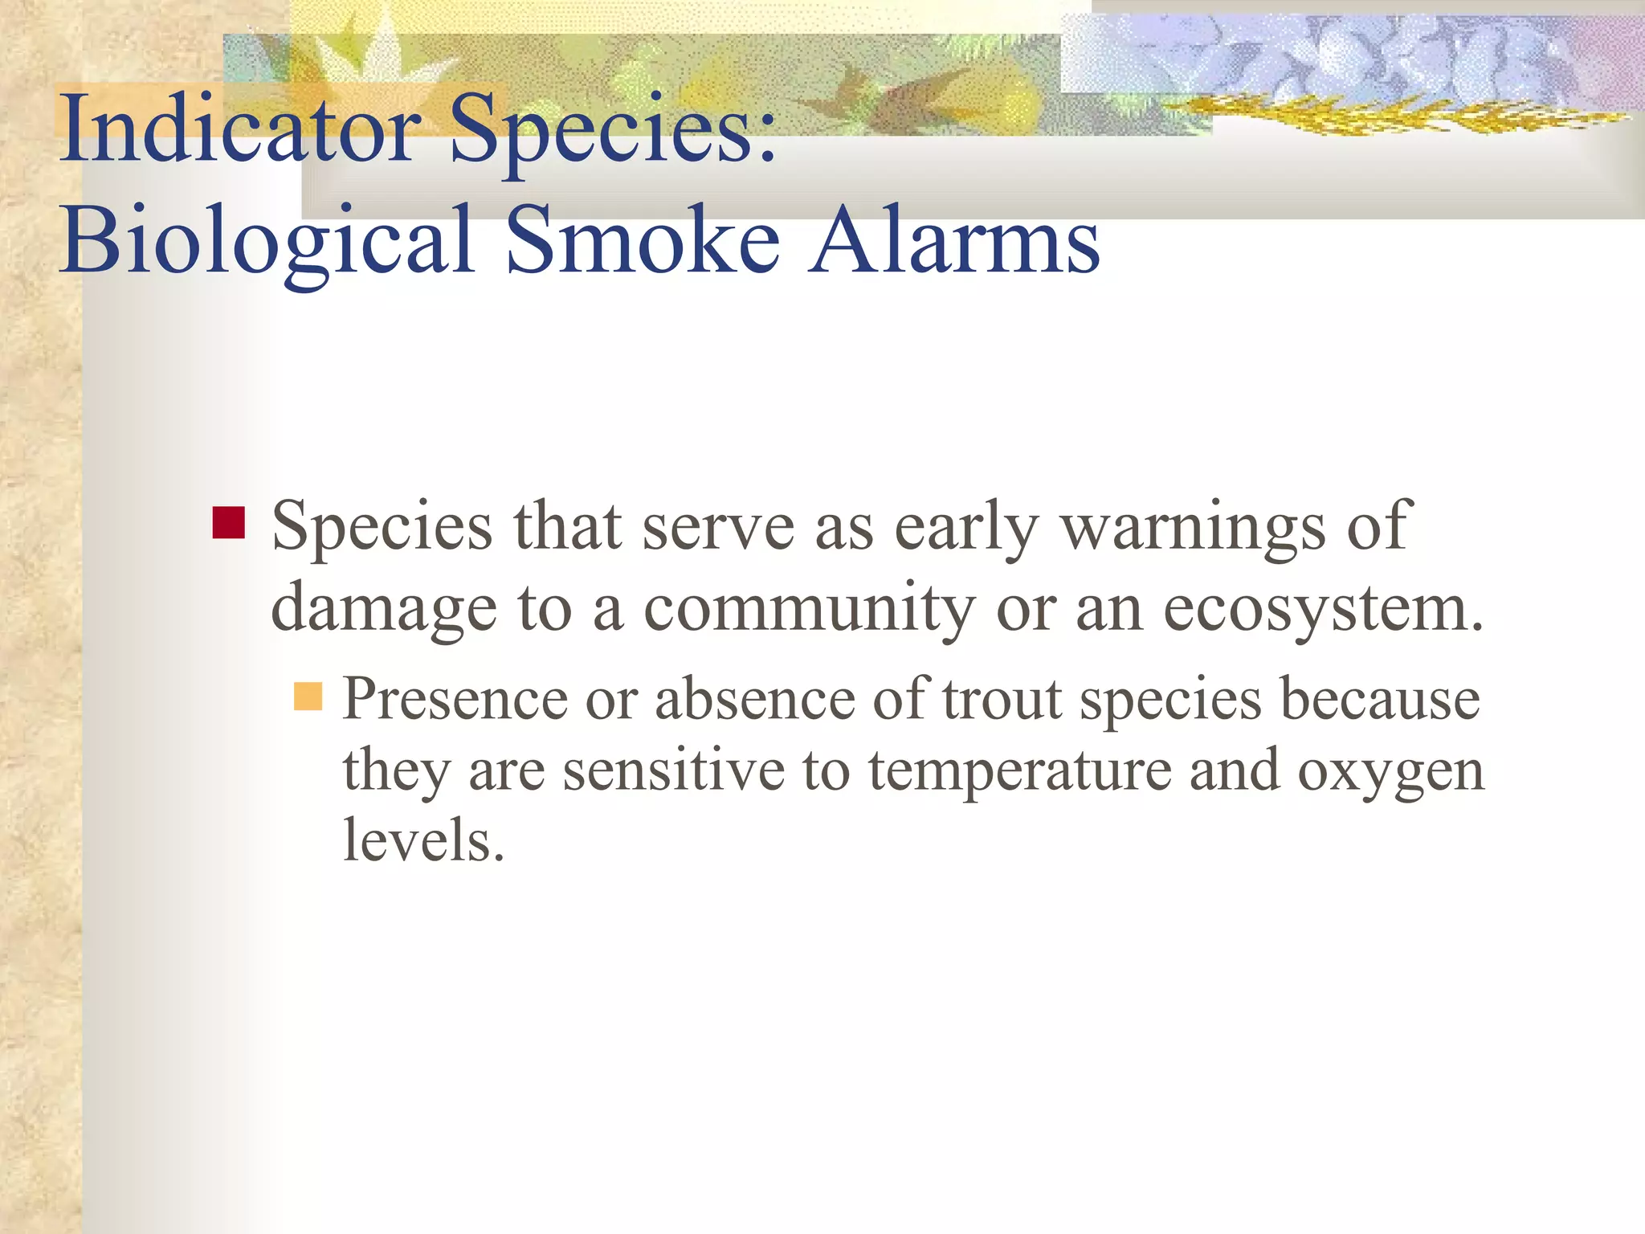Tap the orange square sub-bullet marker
point(308,697)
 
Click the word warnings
point(1193,528)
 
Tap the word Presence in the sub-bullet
point(455,699)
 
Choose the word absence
point(755,699)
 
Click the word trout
point(1002,699)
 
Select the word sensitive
point(673,770)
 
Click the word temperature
point(1019,770)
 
